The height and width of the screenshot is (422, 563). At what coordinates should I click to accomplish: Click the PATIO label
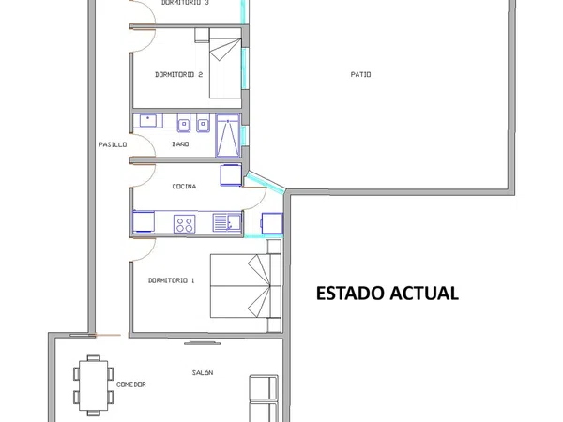pos(360,75)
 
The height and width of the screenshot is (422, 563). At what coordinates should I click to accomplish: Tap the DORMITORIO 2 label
pos(178,75)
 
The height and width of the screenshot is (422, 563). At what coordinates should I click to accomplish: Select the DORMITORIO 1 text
pos(172,280)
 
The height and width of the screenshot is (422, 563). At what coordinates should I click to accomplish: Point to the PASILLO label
pos(113,144)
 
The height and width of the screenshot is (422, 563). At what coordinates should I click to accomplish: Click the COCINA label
pos(184,187)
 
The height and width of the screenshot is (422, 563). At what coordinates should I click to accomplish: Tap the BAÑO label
pos(180,143)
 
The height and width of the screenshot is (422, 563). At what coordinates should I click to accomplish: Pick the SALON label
pos(203,373)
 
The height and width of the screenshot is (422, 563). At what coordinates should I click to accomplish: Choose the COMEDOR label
pos(131,384)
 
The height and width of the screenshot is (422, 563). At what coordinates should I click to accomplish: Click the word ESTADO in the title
pos(350,294)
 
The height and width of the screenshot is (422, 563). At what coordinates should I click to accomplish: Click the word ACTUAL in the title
pos(424,294)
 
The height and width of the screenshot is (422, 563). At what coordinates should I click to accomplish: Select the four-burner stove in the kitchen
pos(185,224)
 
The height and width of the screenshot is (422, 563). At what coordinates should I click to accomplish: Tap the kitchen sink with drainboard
pos(227,222)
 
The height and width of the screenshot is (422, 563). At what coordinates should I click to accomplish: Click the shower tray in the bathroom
pos(228,136)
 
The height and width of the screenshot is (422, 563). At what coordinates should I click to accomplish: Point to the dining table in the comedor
pos(93,385)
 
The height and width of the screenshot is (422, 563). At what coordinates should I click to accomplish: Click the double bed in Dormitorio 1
pos(246,286)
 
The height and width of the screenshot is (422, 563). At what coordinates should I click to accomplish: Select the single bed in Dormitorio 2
pos(225,64)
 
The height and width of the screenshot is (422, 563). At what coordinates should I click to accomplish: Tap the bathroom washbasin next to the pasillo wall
pos(148,121)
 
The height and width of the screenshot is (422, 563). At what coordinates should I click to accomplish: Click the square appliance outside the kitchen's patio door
pos(272,223)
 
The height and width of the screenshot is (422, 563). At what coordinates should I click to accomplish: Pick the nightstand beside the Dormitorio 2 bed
pos(202,36)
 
